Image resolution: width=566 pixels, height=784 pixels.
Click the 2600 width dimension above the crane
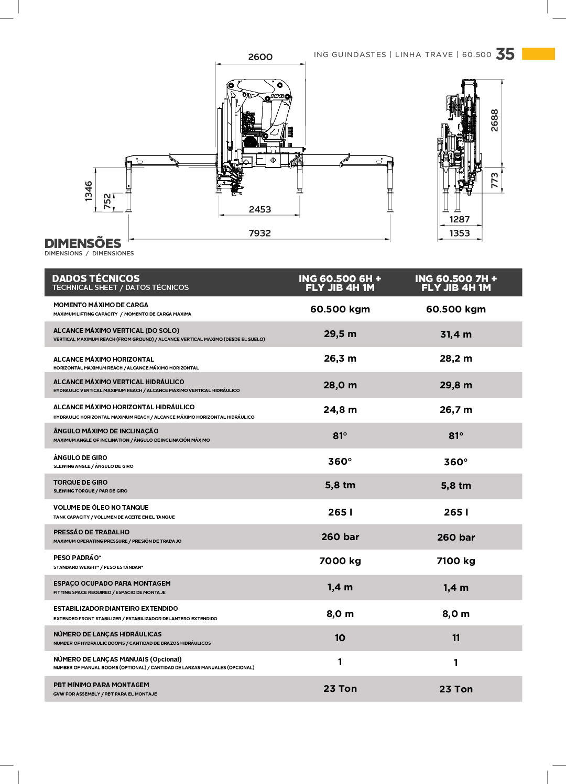260,57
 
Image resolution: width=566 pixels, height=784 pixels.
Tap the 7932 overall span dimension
260,233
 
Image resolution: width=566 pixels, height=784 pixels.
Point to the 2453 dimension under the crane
260,209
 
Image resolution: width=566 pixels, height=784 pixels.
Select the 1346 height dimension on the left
89,191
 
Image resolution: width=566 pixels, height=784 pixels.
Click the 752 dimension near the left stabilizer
107,201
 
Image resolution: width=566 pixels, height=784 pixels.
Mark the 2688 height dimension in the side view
494,120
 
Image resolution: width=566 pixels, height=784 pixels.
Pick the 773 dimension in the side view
494,180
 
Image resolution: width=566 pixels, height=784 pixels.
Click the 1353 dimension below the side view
460,233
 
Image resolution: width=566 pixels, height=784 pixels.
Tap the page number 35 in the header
505,54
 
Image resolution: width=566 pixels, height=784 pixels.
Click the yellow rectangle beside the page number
538,53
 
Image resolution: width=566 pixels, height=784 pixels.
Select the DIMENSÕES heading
83,243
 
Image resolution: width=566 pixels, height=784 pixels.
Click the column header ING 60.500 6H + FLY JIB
340,283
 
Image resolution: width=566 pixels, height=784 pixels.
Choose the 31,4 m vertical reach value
456,334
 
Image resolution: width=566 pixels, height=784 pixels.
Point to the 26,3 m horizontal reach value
340,359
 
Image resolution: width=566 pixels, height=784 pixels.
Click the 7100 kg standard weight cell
456,561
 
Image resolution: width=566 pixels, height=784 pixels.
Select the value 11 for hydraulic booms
456,638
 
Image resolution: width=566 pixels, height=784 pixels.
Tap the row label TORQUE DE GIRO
81,483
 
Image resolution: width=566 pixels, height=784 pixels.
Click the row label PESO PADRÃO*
78,558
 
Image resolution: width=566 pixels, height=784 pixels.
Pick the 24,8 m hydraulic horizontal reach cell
340,410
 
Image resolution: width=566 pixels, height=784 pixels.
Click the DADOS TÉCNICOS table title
96,279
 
